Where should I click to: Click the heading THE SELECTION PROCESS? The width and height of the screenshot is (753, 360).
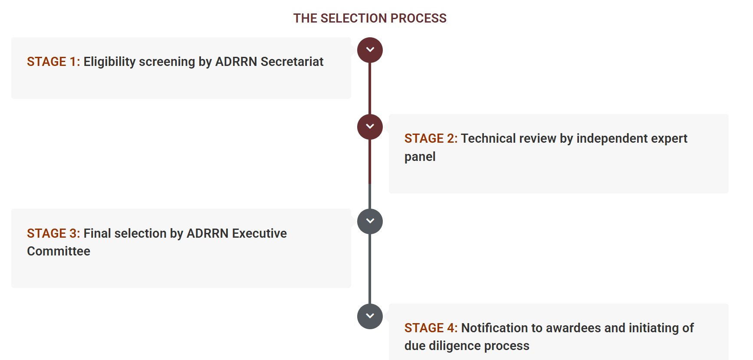coord(370,18)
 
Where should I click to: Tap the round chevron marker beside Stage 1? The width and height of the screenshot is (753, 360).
coord(370,50)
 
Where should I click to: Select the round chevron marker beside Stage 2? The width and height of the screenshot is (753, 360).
coord(370,127)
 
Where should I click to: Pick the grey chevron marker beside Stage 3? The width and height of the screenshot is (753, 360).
coord(370,221)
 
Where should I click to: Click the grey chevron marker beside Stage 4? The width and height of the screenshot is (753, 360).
coord(370,316)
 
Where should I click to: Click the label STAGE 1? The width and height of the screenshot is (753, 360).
coord(53,62)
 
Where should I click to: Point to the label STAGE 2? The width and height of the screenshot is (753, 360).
coord(431,138)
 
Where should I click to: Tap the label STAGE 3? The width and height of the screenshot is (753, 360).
coord(53,233)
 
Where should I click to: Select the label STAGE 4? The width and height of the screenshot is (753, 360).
coord(431,328)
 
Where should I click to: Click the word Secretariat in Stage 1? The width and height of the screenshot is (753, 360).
coord(292,62)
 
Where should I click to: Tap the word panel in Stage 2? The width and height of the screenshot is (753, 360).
coord(420,157)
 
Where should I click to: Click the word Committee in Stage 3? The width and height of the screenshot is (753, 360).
coord(59,251)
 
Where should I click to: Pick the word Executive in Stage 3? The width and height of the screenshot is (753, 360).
coord(260,233)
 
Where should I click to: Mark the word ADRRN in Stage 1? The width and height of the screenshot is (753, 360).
coord(236,62)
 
